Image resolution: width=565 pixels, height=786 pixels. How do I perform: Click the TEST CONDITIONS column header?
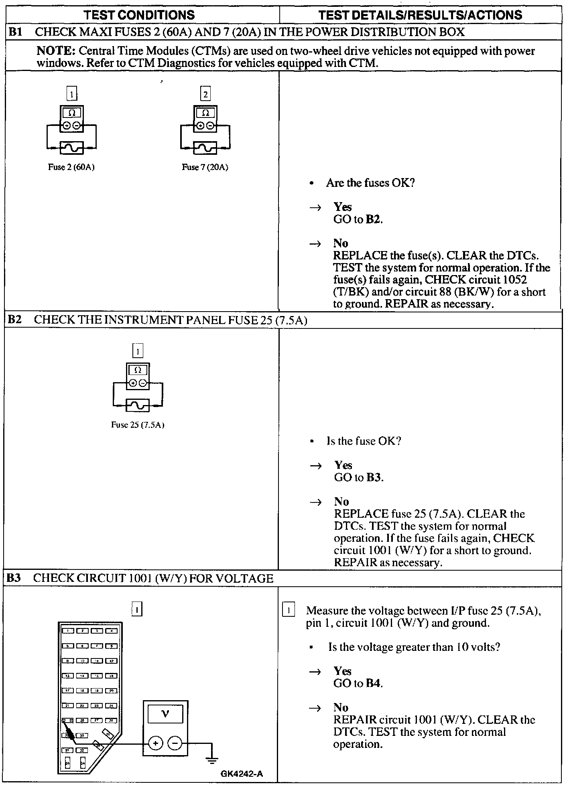coord(139,15)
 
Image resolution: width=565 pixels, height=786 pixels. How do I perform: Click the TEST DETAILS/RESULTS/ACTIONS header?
coord(420,15)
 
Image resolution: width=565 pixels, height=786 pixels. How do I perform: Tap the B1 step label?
coord(15,32)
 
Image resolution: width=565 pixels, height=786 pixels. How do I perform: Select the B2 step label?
coord(15,320)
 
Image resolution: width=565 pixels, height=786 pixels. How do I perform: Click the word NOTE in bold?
coord(56,51)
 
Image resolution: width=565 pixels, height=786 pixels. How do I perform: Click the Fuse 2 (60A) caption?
coord(71,167)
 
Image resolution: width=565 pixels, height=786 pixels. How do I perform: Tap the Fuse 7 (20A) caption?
coord(205,167)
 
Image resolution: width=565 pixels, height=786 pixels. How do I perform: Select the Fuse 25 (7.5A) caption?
coord(138,425)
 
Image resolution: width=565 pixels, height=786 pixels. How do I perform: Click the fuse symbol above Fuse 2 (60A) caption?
coord(71,148)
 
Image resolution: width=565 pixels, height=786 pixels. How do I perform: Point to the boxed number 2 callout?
coord(205,94)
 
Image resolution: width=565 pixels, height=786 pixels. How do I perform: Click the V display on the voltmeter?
coord(165,714)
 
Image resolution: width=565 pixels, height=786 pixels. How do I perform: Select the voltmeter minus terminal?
coord(175,743)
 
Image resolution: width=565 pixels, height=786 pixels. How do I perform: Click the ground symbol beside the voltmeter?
coord(211,758)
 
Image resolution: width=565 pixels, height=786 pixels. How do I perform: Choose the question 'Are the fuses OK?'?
coord(370,183)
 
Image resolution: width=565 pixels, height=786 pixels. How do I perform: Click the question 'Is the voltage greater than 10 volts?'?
coord(414,647)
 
